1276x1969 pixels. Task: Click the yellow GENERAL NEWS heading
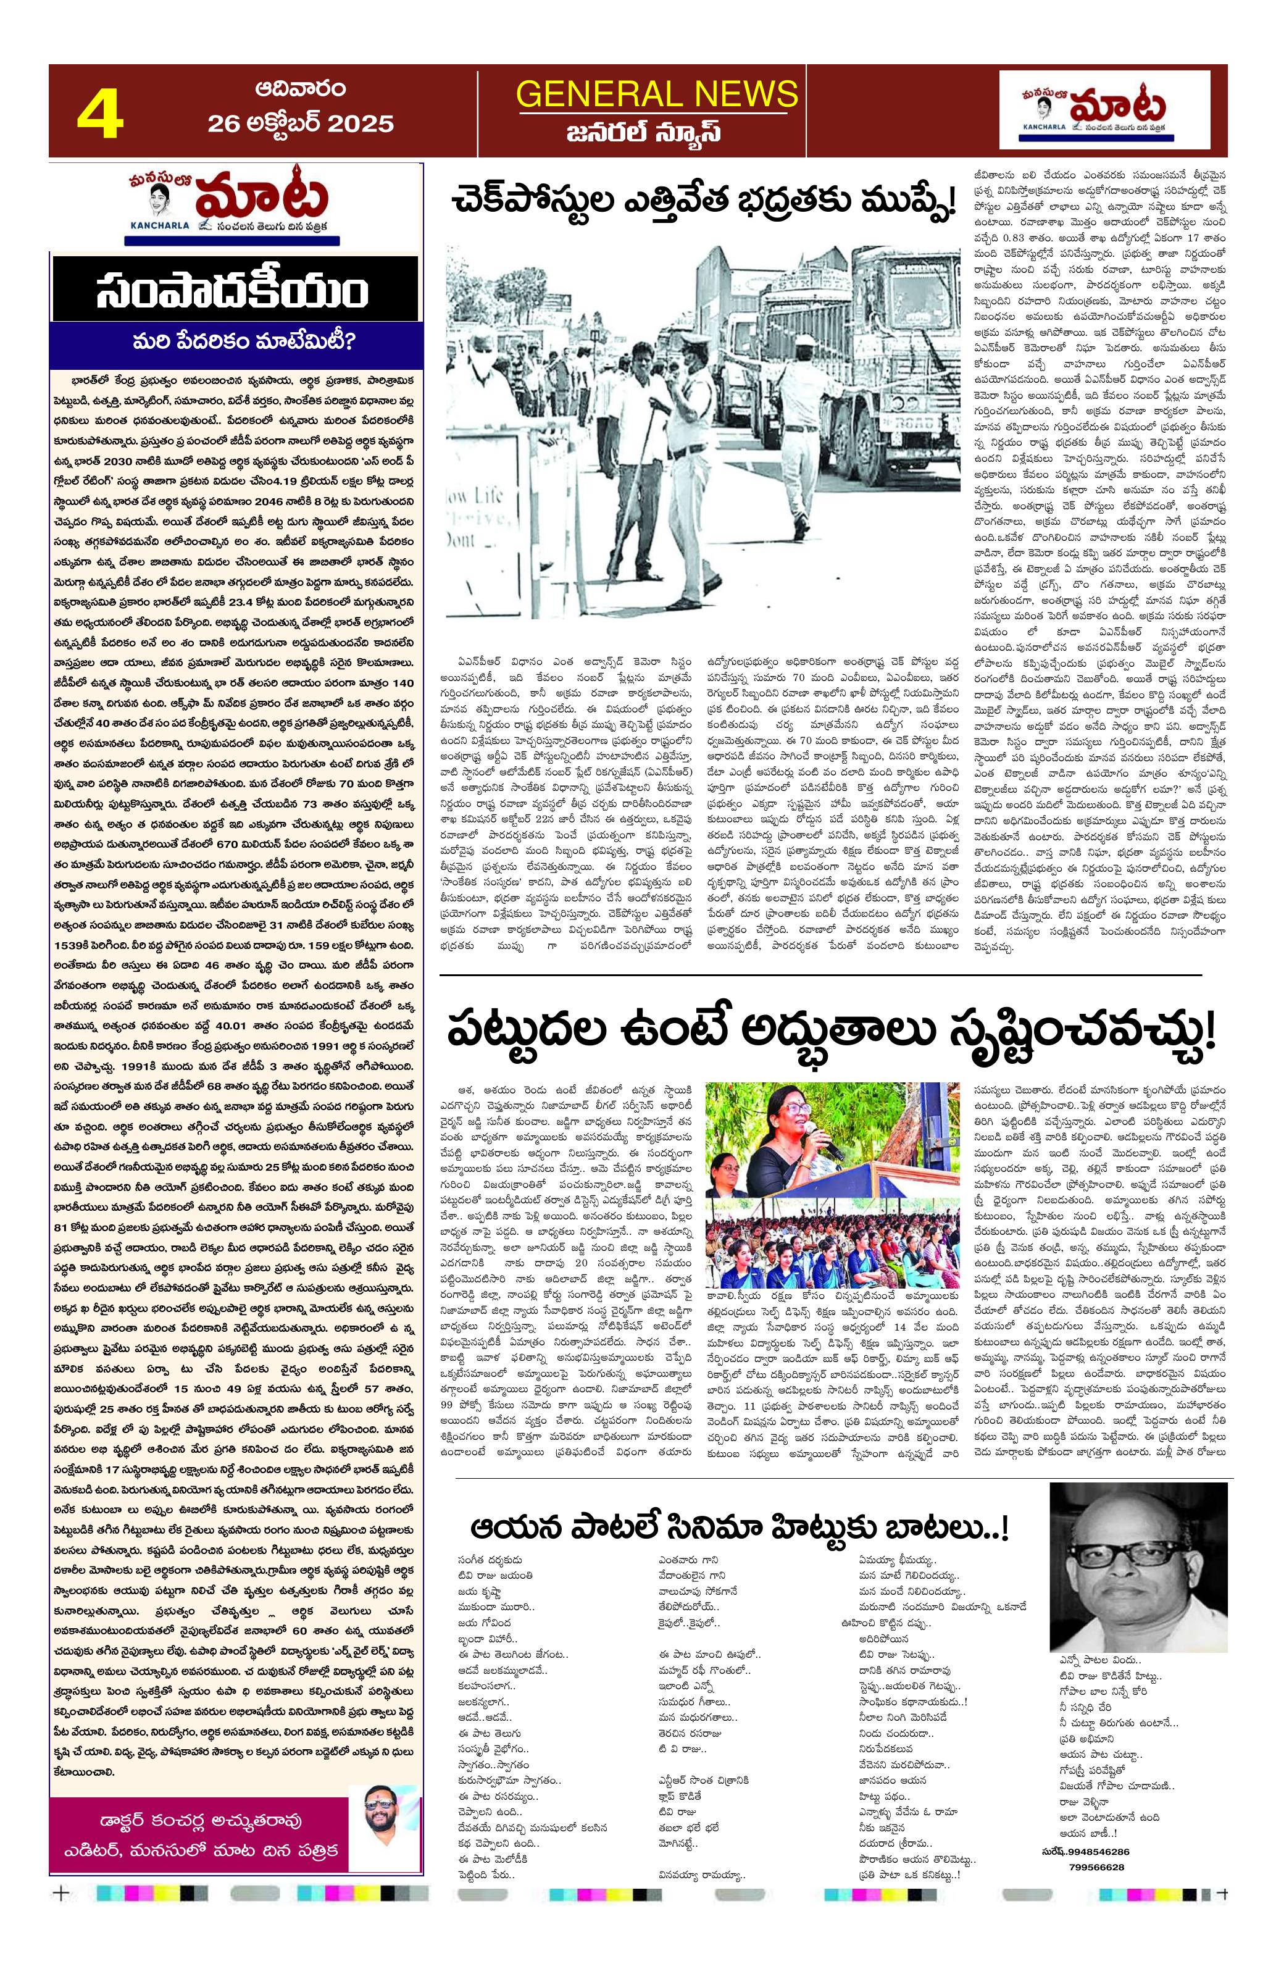[x=657, y=94]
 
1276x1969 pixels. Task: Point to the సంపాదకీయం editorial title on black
[x=235, y=290]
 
